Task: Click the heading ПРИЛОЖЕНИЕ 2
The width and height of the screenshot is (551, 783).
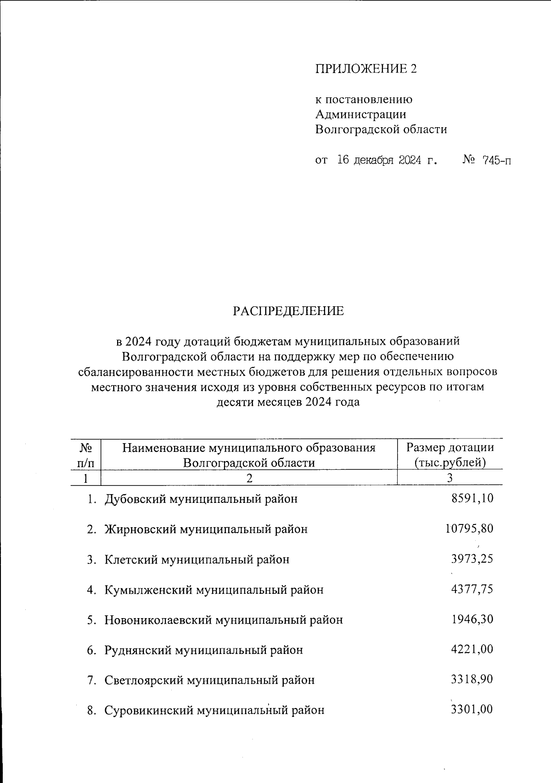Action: click(366, 68)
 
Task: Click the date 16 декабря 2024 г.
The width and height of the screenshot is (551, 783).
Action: click(386, 160)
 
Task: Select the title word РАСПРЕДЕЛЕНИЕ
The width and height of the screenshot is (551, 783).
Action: click(288, 311)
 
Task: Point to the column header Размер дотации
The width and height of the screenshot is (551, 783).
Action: click(450, 447)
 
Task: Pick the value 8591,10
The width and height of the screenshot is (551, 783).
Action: click(472, 498)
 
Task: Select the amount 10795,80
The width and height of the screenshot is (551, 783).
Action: click(469, 529)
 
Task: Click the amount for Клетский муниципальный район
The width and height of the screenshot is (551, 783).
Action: click(472, 559)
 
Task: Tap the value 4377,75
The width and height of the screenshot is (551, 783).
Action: click(472, 589)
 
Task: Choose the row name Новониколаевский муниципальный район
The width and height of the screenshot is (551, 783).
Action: click(224, 620)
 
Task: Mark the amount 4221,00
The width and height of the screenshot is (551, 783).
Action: click(472, 649)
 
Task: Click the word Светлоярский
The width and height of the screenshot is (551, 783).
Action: click(143, 680)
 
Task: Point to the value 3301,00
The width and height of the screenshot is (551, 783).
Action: click(472, 710)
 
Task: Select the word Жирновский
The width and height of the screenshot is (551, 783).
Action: click(140, 529)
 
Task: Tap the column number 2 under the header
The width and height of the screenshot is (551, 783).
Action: click(249, 478)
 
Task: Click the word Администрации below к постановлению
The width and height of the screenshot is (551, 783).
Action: click(360, 114)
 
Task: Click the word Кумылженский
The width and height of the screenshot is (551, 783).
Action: click(148, 590)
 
